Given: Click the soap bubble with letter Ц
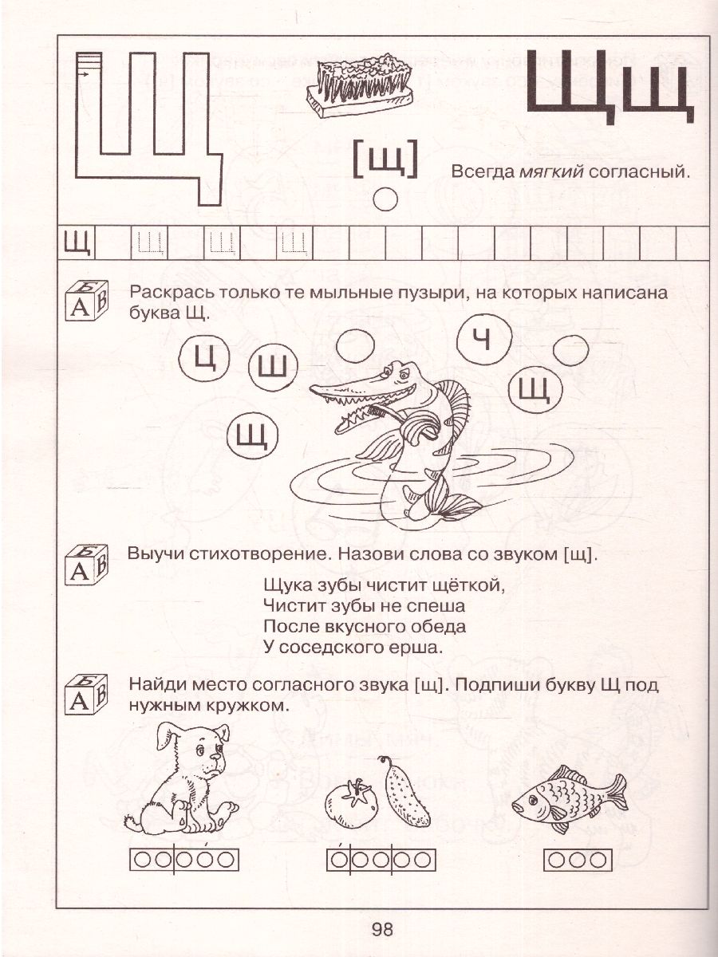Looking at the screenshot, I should tap(205, 360).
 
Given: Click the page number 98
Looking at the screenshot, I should tap(382, 928).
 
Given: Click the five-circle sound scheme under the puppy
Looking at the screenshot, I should tap(183, 860).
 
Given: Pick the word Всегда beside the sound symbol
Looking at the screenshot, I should tap(481, 172).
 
